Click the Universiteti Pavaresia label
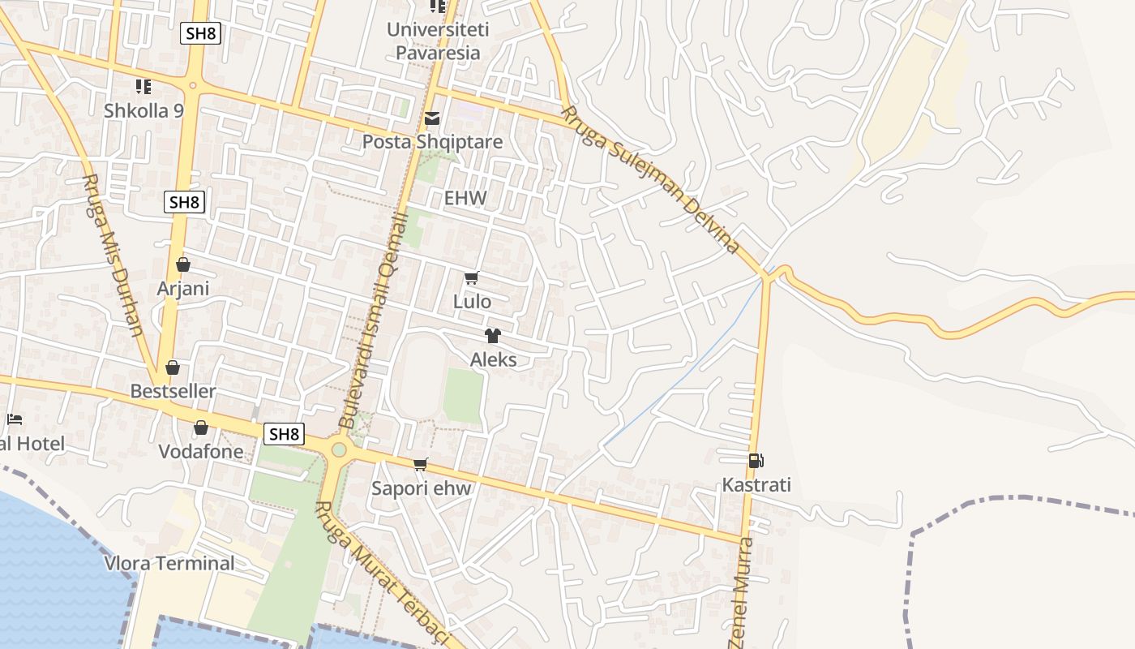tap(433, 41)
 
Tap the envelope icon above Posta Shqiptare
tap(432, 119)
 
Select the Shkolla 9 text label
tap(143, 110)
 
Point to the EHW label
tap(465, 198)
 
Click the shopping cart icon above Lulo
tap(472, 278)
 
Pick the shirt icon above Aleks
tap(493, 336)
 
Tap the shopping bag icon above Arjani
tap(183, 264)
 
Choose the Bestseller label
tap(173, 391)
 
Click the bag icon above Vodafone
tap(200, 428)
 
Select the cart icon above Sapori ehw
tap(420, 464)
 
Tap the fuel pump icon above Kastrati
tap(756, 461)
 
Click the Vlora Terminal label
tap(169, 563)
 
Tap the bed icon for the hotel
tap(15, 419)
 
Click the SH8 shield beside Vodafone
tap(284, 434)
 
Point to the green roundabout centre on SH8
tap(339, 449)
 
